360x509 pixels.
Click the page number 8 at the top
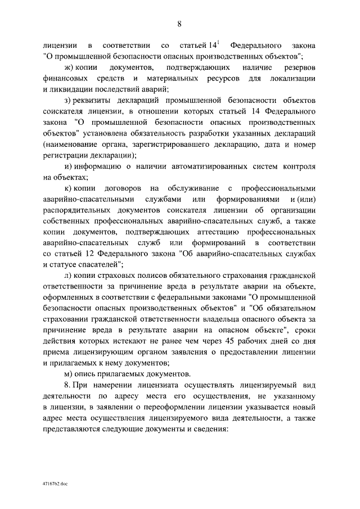179,23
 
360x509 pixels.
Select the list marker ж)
70,67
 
